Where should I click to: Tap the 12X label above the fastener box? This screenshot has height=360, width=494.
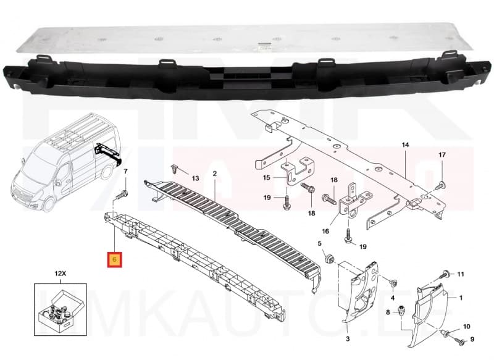pos(60,272)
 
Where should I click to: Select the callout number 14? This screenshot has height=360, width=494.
pos(405,145)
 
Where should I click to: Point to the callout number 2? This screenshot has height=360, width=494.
pos(214,175)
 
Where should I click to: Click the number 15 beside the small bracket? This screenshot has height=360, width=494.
pos(267,178)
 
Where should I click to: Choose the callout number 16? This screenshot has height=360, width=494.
pos(342,231)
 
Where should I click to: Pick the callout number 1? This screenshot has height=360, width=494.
pos(461,298)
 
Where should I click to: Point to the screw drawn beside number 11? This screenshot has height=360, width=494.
pos(443,274)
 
